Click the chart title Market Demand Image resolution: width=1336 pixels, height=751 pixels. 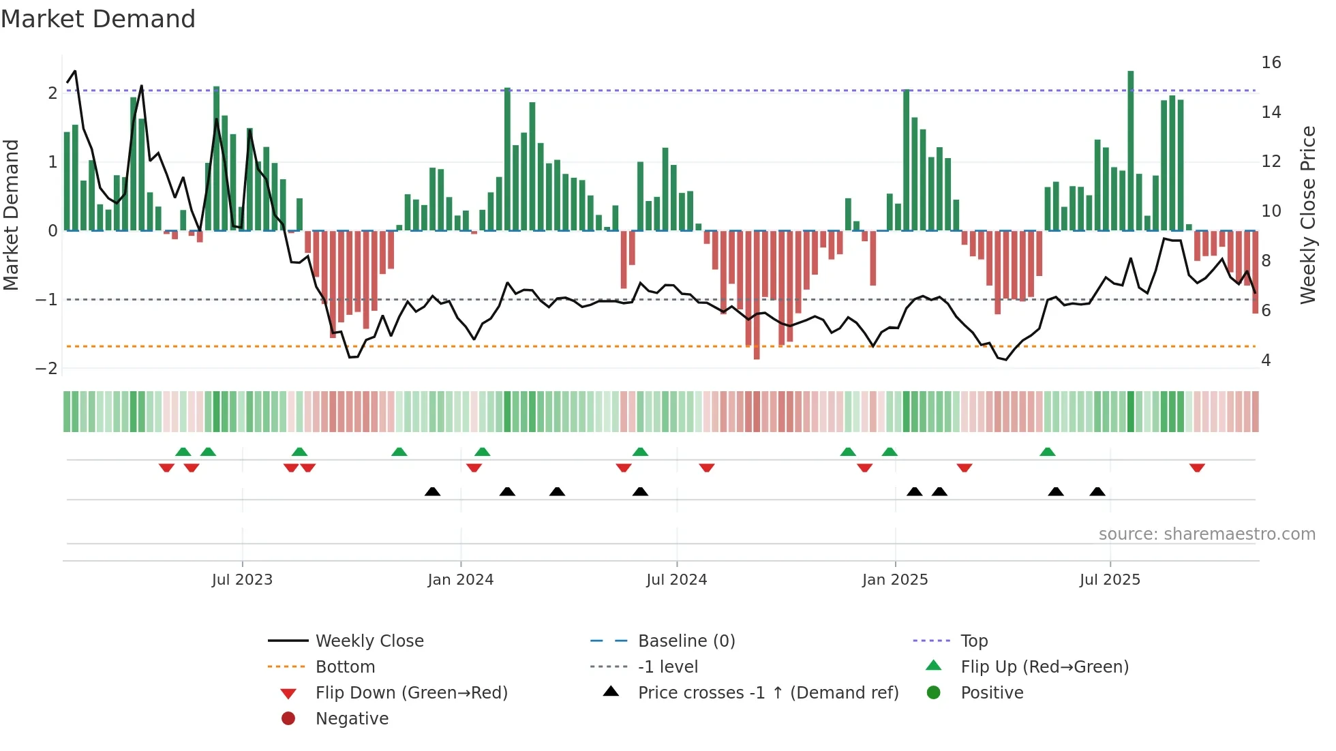[98, 19]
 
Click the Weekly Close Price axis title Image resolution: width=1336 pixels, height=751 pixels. [1307, 215]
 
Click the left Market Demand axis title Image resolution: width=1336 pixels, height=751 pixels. [12, 215]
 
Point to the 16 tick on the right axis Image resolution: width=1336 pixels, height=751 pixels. [1271, 63]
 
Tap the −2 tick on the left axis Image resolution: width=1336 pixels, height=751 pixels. [46, 369]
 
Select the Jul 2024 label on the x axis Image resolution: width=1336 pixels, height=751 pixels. [676, 580]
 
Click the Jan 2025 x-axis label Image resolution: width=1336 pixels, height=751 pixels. [894, 580]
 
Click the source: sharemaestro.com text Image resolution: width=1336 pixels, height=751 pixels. [1206, 534]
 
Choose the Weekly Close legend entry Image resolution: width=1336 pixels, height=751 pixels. [369, 641]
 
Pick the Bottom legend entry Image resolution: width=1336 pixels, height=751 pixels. [345, 667]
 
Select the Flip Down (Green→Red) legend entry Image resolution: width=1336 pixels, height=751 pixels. [411, 693]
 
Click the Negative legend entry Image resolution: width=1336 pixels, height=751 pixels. [352, 719]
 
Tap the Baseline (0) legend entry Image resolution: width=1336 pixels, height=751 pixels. [686, 641]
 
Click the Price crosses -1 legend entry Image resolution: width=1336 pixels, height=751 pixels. [768, 693]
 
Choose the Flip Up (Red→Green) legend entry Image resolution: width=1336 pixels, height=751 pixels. [1044, 667]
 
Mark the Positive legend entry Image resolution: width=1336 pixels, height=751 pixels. [992, 693]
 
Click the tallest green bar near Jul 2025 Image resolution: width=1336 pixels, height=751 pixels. [1131, 150]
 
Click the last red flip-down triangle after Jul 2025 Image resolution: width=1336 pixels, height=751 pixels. [1197, 468]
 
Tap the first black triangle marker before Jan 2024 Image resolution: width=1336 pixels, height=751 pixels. [432, 491]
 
